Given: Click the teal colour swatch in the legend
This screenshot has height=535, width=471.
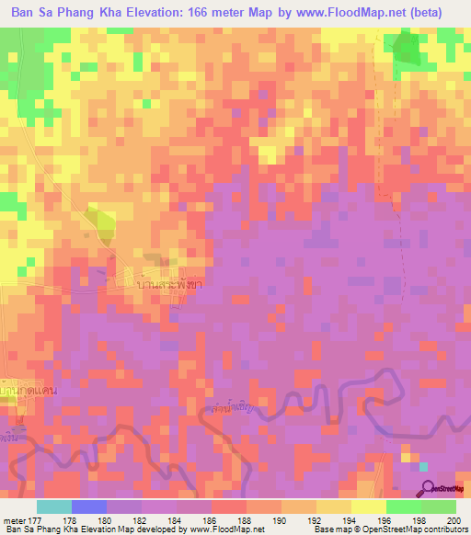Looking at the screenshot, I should tap(53, 507).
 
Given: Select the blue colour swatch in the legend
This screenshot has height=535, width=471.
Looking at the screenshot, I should tap(88, 507).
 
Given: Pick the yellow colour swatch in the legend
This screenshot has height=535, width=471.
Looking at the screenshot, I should tap(368, 507).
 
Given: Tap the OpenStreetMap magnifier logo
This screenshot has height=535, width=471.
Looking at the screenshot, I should tap(425, 491).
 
